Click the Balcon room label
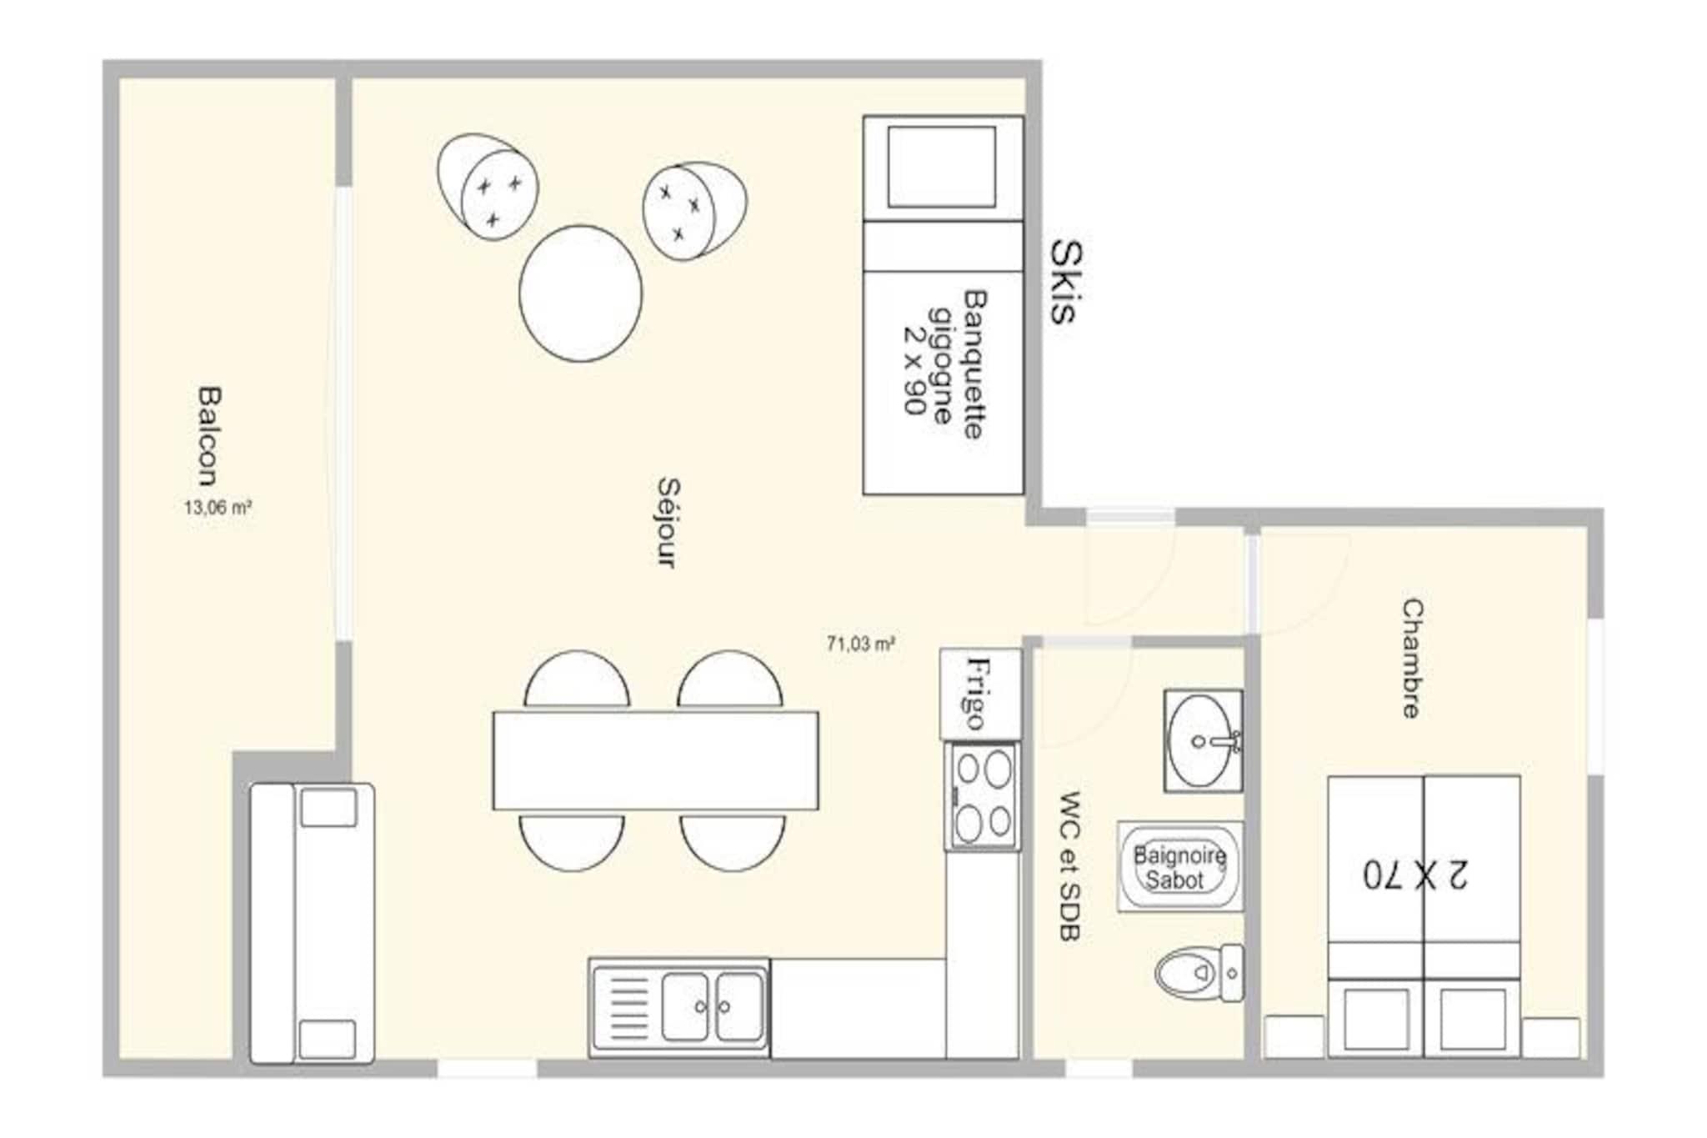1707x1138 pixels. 209,435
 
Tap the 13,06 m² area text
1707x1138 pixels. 218,507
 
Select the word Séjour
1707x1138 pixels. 668,523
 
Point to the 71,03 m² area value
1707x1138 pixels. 861,644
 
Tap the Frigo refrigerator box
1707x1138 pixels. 980,694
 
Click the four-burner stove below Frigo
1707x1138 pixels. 983,796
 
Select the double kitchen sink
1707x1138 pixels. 679,1007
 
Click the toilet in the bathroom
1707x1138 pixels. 1200,973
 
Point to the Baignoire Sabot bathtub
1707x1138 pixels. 1179,866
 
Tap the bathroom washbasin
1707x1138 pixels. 1204,740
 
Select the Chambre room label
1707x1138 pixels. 1411,658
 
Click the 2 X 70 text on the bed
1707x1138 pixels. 1415,875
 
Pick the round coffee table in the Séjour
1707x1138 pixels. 581,293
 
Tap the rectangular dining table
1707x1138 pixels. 656,760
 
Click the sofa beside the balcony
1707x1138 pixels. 313,923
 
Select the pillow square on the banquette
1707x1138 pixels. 942,167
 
